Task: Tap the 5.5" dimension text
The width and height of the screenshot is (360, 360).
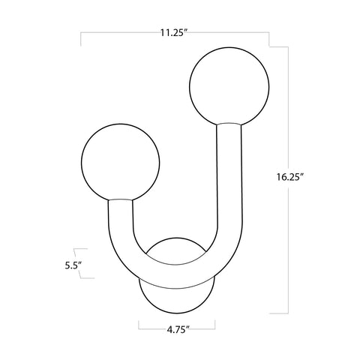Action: (x=73, y=265)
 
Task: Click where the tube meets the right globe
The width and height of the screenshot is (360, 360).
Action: (x=228, y=124)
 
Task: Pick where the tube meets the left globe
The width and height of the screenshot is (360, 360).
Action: (x=120, y=199)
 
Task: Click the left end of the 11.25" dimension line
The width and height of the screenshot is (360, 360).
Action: (x=80, y=34)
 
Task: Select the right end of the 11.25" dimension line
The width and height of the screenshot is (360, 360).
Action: (x=269, y=34)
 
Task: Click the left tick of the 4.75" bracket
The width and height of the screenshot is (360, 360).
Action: (x=139, y=326)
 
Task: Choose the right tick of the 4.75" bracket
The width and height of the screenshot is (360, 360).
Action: (x=215, y=326)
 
